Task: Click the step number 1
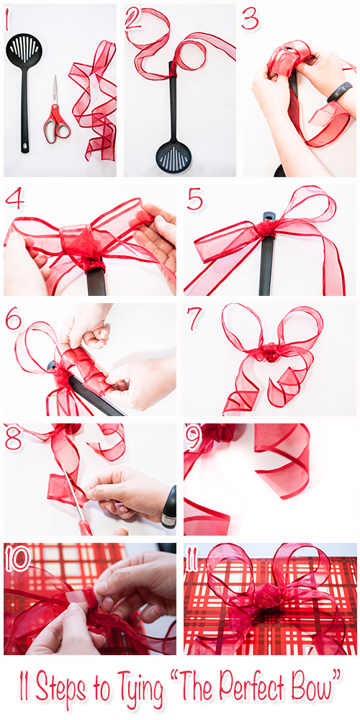tap(8, 22)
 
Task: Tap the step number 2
tap(133, 20)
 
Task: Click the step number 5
tap(194, 200)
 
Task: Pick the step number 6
tap(14, 318)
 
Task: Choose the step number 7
tap(194, 319)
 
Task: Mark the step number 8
tap(14, 438)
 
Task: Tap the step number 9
tap(192, 438)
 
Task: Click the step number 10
tap(18, 558)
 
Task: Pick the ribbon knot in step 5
tap(267, 228)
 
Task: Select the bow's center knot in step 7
tap(270, 352)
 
